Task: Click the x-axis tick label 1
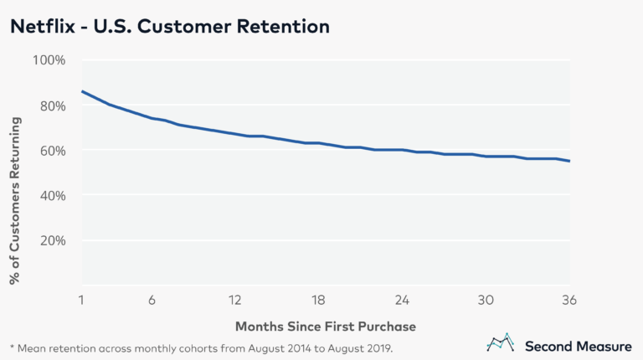click(81, 300)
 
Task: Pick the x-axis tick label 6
click(152, 300)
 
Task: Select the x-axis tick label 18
click(319, 300)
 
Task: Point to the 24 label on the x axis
click(403, 300)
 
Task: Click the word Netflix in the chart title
click(40, 27)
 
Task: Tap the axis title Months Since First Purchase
click(326, 325)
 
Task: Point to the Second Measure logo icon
click(501, 343)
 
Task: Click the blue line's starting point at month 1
click(81, 91)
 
